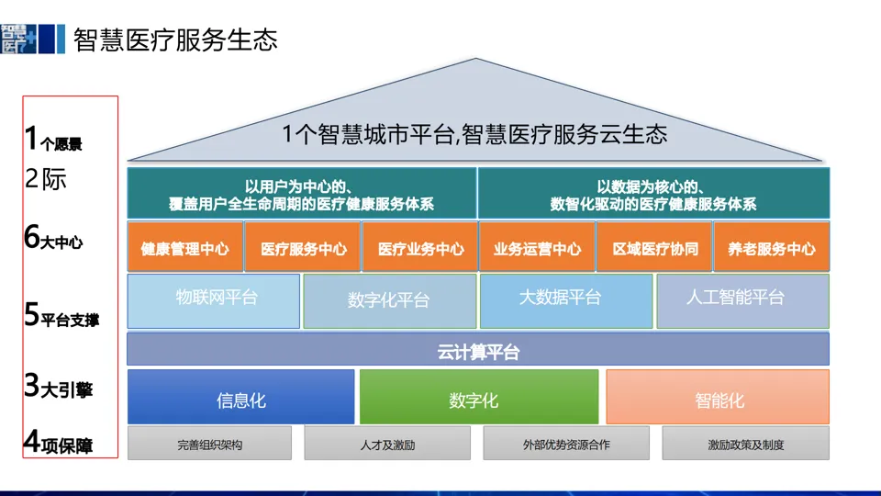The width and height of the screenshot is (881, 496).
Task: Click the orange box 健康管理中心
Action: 184,248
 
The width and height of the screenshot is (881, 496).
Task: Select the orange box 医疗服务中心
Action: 303,248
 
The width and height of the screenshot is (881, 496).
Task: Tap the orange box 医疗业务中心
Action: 420,248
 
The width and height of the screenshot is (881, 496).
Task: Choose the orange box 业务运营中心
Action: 537,248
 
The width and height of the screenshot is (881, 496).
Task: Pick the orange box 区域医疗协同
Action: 654,248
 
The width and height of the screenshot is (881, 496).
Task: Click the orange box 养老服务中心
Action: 771,248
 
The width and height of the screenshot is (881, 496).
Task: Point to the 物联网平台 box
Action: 214,300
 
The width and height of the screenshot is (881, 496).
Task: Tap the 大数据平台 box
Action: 565,300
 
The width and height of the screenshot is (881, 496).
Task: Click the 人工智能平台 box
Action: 742,300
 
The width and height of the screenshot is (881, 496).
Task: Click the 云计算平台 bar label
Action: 478,350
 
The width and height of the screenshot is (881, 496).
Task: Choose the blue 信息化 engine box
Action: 240,398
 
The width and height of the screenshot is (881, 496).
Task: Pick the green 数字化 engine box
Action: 478,398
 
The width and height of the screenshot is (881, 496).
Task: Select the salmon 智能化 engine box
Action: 717,398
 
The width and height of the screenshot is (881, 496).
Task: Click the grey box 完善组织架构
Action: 209,444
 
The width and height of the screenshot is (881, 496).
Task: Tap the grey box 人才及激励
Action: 387,444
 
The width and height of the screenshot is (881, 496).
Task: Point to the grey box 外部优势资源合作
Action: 565,444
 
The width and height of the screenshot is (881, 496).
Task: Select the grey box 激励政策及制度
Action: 745,444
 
